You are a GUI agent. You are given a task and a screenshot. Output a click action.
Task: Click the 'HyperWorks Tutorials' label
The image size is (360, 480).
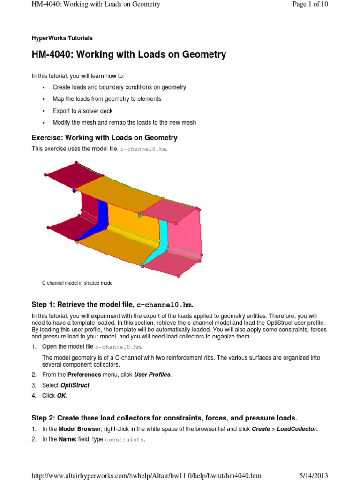[62, 38]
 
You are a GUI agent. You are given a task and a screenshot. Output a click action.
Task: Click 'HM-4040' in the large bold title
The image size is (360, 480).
[50, 55]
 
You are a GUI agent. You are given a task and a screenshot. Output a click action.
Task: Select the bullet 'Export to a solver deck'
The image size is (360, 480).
[82, 111]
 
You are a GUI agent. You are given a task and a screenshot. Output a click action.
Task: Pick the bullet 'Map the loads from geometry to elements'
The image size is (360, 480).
[107, 99]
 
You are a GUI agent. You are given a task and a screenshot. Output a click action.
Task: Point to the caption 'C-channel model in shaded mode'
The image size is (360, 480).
[77, 283]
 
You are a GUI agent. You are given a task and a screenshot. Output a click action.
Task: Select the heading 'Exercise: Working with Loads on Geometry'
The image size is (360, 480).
[104, 137]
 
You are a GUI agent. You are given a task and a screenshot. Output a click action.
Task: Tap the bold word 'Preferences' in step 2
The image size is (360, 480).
[84, 375]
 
